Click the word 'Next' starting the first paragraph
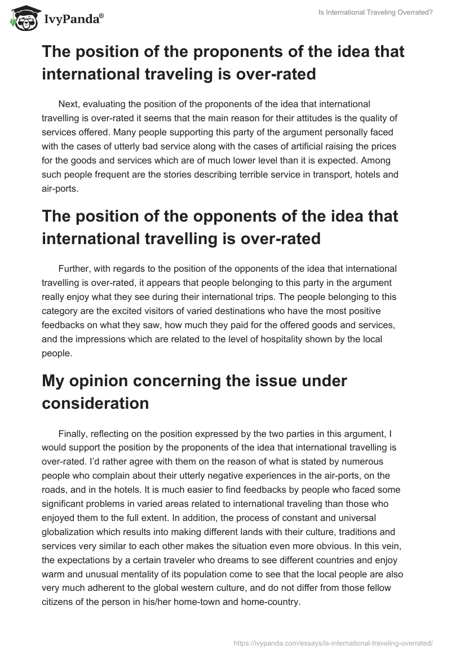coord(68,104)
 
